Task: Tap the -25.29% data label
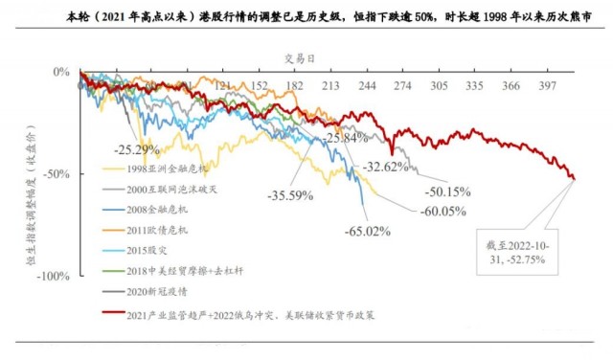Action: tap(136, 150)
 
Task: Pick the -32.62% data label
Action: tap(386, 167)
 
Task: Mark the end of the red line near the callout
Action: tap(574, 179)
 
